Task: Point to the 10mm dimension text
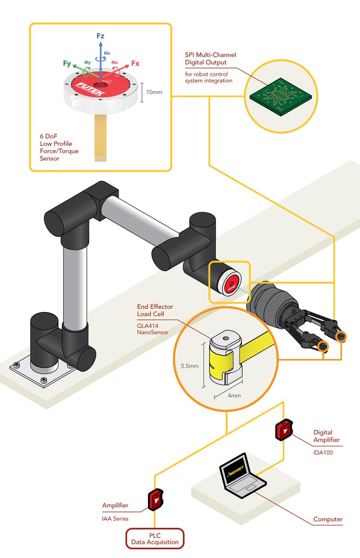154,92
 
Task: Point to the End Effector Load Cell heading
155,310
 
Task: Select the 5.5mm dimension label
189,365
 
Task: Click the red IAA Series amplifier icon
154,499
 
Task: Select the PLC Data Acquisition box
155,538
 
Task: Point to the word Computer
327,519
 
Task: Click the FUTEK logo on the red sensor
92,86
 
